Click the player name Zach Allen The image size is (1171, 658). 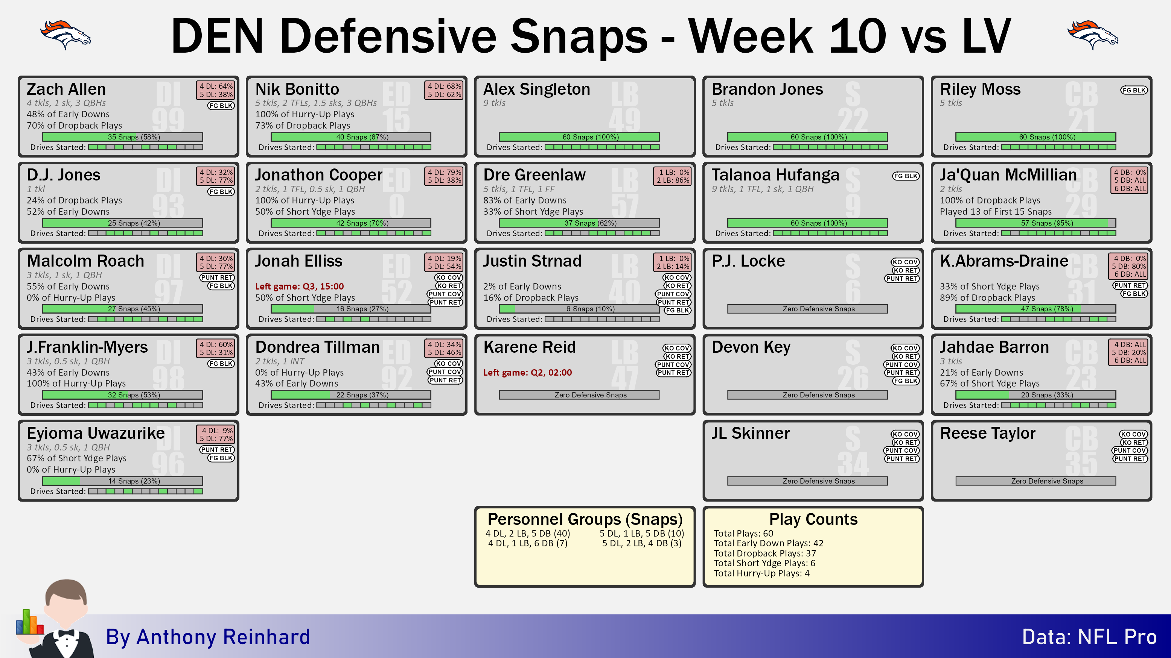coord(66,89)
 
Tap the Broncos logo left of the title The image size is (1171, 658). coord(65,35)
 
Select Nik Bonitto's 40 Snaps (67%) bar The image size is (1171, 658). coord(351,137)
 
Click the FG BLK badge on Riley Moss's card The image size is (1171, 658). coord(1134,90)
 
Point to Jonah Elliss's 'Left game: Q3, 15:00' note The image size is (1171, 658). coord(299,286)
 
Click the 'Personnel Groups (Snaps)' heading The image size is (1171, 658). coord(585,519)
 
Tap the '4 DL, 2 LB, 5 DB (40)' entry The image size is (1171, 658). coord(527,533)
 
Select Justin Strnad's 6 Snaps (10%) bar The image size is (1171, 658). coord(579,309)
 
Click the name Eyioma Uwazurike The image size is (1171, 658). coord(96,433)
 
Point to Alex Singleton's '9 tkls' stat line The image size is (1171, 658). coord(494,103)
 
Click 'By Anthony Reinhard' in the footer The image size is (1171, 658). coord(208,637)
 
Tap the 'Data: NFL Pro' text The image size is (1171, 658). coord(1089,637)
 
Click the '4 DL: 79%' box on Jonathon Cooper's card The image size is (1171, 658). coord(445,172)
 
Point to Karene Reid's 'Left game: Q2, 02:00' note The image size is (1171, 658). coord(527,372)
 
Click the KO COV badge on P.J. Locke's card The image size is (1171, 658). coord(905,262)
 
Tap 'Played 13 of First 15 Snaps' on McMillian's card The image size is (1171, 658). coord(996,212)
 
